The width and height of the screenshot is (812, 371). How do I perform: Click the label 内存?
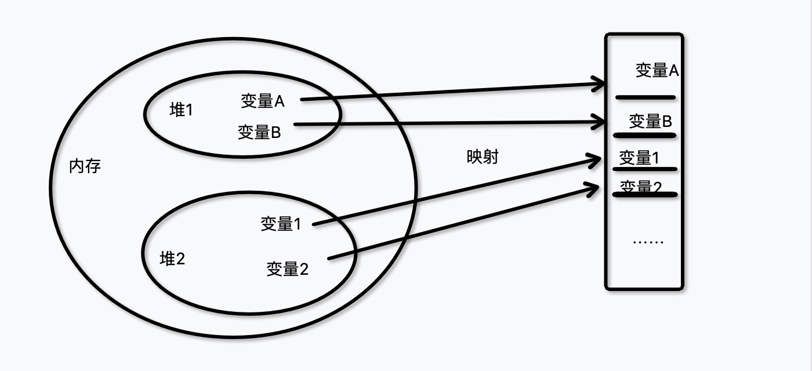[x=85, y=167]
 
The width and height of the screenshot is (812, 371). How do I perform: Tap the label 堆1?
[x=180, y=110]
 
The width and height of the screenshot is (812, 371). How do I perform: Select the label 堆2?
[x=172, y=259]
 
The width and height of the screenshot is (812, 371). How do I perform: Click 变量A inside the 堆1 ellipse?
[x=263, y=101]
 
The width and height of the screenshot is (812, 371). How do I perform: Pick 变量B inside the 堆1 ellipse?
[x=259, y=132]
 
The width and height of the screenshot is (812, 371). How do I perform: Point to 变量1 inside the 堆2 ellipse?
[x=281, y=224]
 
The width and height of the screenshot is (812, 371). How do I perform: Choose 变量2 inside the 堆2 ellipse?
[x=288, y=269]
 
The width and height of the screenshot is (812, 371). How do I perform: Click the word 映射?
[x=483, y=157]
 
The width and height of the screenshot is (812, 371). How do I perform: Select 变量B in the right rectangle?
[x=650, y=121]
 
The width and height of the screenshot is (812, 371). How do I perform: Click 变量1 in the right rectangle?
[x=639, y=158]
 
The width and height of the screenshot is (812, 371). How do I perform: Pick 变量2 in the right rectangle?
[x=641, y=187]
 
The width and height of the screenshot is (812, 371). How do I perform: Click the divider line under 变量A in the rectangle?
[x=646, y=97]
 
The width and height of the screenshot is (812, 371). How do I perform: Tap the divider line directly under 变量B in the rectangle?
[x=645, y=136]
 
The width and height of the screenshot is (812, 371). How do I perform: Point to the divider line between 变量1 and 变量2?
[x=645, y=169]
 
